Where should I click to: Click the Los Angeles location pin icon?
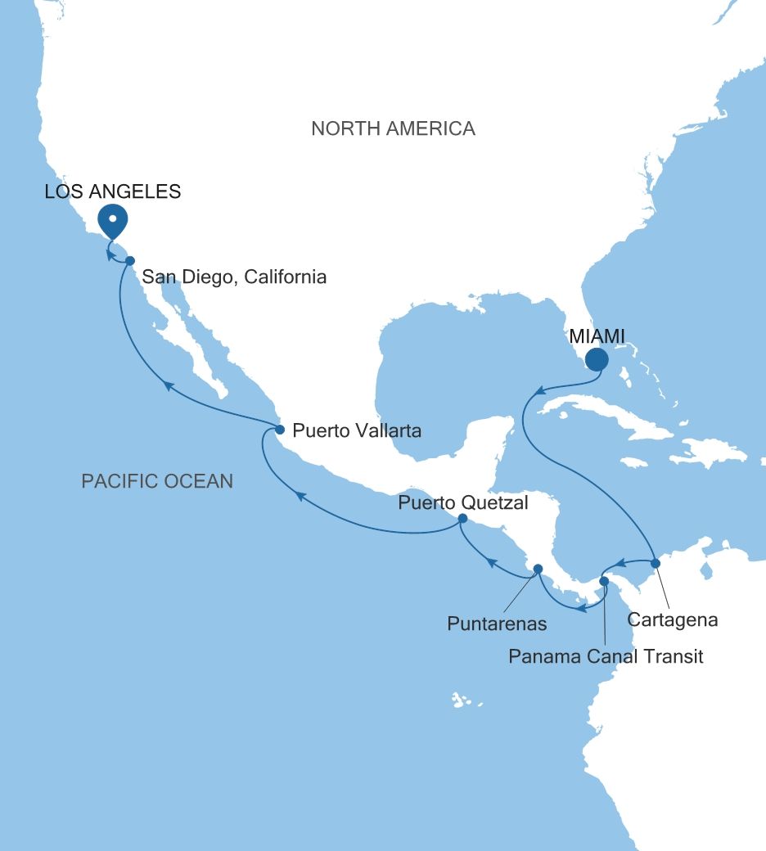point(112,218)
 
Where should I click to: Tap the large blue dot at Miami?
point(597,359)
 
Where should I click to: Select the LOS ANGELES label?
point(113,192)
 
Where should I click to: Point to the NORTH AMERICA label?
point(393,128)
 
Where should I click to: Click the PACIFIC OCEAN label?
point(157,481)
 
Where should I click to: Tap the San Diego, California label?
point(235,277)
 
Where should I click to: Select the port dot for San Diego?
point(130,260)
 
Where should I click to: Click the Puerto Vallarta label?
point(357,430)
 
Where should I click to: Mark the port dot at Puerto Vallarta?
point(279,430)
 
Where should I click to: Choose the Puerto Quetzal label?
point(463,502)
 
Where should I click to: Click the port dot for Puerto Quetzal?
point(462,519)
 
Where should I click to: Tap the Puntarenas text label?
point(497,624)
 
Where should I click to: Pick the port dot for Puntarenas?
point(538,569)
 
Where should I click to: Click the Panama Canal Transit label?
point(606,656)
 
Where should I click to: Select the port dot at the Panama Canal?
point(604,582)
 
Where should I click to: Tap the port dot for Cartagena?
point(655,563)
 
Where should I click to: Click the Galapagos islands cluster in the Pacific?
point(461,700)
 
